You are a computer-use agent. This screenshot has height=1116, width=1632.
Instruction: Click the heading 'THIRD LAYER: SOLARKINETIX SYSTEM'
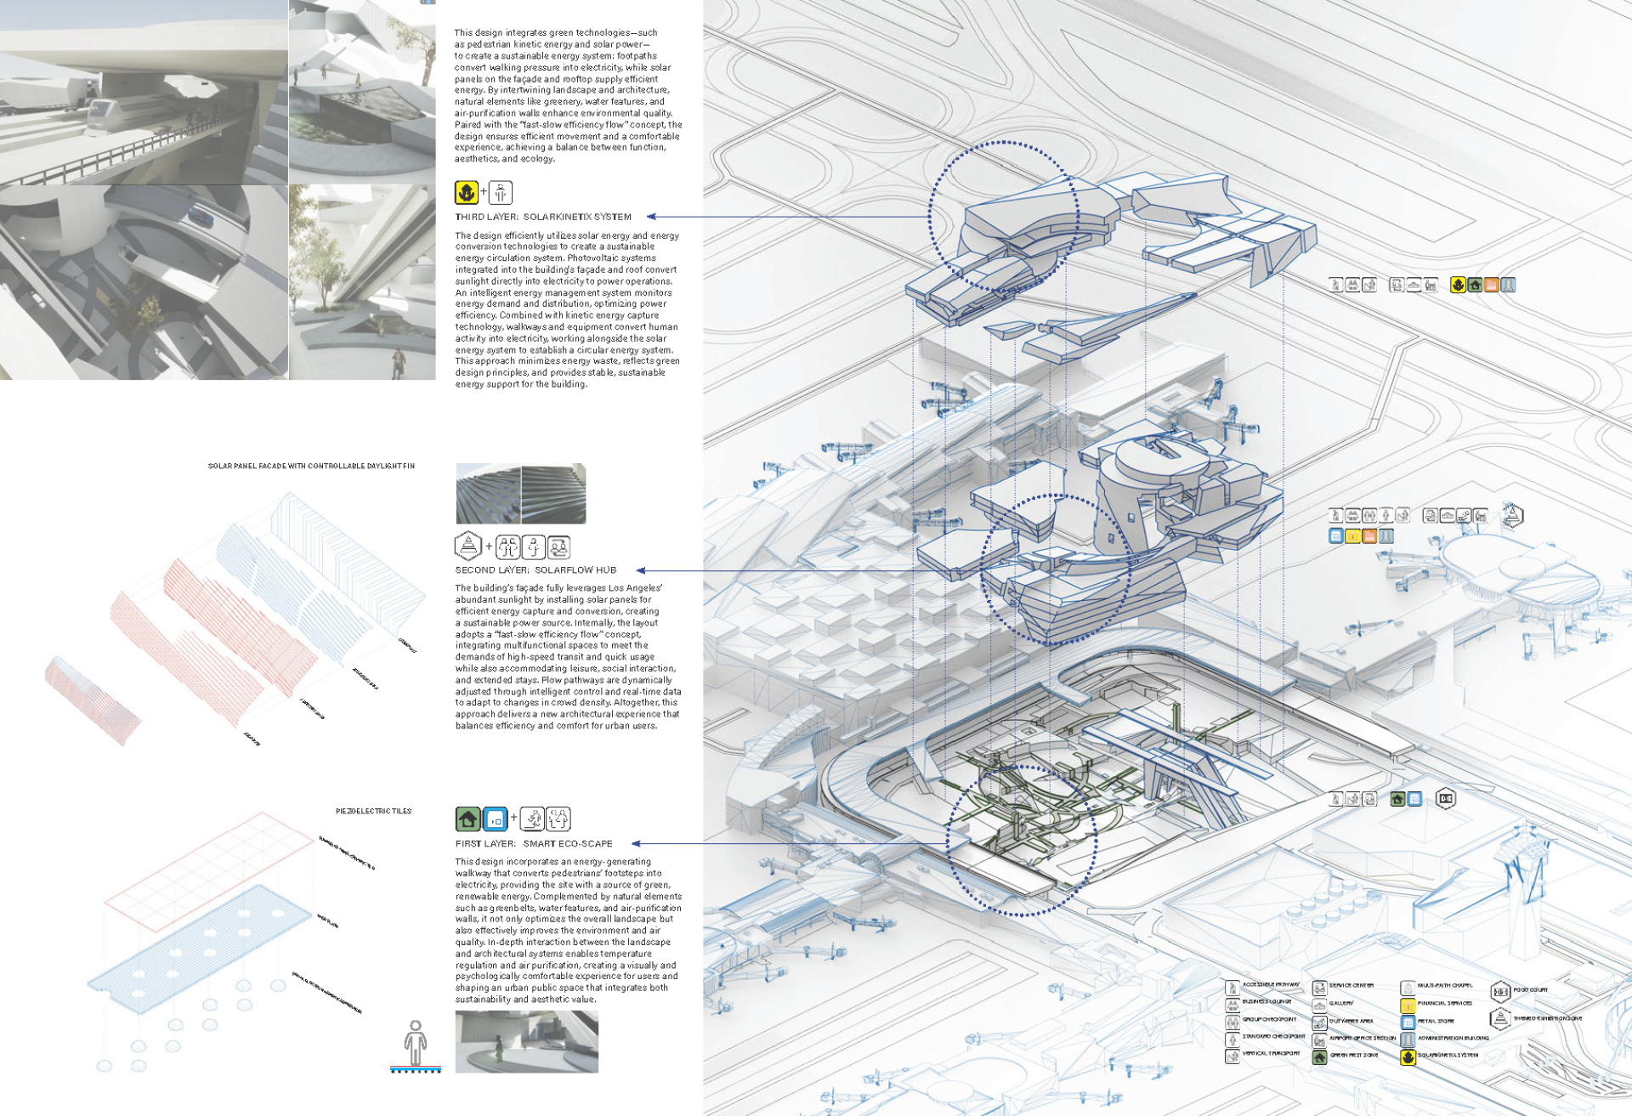[543, 217]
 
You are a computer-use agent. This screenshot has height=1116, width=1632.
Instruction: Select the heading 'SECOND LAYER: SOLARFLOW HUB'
[535, 570]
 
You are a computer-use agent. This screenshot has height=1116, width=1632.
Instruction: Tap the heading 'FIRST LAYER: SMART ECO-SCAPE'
[534, 844]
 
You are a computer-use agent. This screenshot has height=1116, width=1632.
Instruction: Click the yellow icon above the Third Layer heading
[466, 193]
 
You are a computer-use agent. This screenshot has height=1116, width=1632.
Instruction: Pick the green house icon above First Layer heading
[467, 819]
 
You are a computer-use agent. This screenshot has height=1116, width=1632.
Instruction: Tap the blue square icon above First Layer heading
[495, 819]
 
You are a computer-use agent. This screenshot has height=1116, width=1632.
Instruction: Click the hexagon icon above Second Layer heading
[468, 546]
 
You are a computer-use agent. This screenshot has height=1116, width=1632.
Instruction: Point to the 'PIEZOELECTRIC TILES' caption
[373, 812]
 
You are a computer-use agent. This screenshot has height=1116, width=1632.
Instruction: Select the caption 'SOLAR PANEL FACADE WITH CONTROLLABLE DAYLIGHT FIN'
[311, 467]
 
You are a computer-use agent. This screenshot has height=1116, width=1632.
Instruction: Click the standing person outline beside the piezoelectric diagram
[415, 1043]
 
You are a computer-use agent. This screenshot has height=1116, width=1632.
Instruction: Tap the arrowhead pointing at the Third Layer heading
[651, 217]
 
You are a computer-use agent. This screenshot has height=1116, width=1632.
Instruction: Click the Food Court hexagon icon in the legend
[1500, 991]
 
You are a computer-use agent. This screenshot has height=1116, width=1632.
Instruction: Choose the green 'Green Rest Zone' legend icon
[1319, 1057]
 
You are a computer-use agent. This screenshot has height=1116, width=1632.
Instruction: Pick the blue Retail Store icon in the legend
[1408, 1023]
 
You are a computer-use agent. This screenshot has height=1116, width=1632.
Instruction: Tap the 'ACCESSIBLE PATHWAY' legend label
[1271, 985]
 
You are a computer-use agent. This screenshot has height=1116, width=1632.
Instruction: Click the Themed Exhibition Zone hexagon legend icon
[1500, 1018]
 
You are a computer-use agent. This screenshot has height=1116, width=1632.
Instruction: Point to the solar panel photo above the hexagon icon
[521, 494]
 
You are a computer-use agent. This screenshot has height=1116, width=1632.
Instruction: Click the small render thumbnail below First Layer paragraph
[526, 1042]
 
